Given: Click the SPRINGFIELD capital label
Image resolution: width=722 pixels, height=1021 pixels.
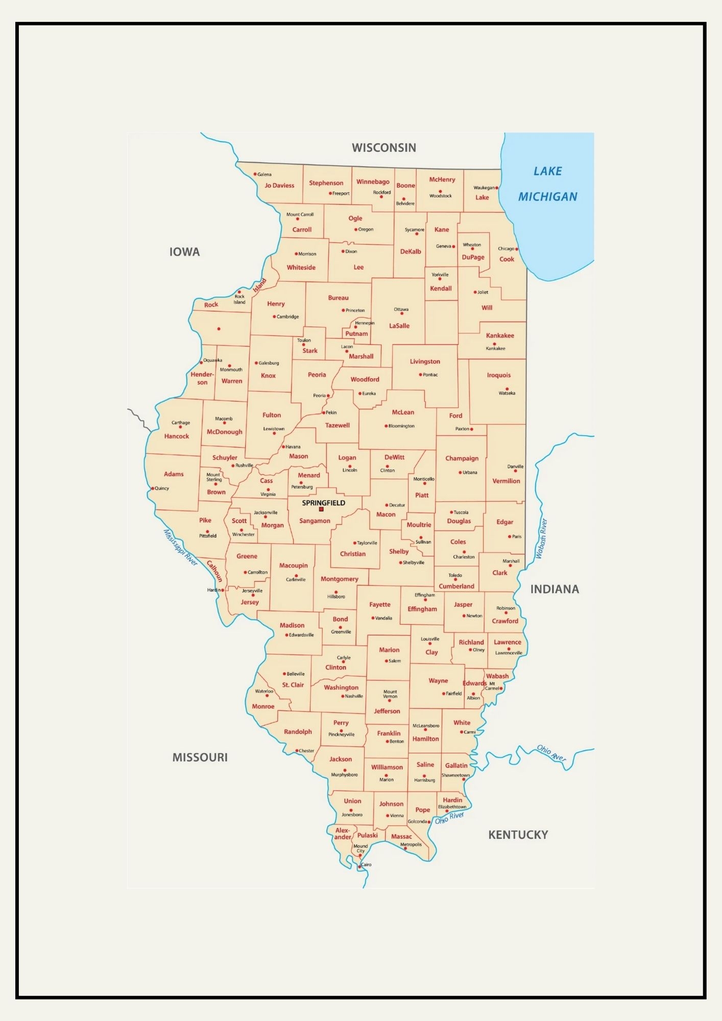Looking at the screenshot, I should click(323, 503).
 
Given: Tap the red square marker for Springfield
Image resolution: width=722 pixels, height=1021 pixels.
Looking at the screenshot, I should click(321, 509).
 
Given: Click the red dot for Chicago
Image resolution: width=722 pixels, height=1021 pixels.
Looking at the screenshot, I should click(516, 249).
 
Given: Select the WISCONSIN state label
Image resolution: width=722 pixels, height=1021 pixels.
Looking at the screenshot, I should click(384, 148).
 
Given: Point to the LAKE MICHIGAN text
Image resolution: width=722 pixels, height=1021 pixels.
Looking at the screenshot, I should click(547, 184).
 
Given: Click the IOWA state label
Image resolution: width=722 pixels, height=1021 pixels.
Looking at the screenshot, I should click(184, 252).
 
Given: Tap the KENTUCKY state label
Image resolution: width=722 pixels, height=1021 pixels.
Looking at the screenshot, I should click(518, 835).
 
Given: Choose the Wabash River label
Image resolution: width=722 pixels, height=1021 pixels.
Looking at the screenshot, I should click(541, 539).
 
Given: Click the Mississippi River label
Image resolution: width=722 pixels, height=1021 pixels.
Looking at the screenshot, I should click(180, 547).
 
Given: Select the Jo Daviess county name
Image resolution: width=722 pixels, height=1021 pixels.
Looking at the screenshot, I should click(279, 185).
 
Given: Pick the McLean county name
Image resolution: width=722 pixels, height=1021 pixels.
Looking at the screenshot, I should click(403, 412).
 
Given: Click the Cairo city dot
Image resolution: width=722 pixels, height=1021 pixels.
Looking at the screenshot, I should click(359, 867).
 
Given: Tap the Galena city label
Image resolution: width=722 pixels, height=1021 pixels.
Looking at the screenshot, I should click(264, 174).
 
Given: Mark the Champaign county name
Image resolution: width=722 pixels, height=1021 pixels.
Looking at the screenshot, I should click(462, 458).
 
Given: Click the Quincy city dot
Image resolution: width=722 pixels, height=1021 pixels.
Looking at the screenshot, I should click(152, 489).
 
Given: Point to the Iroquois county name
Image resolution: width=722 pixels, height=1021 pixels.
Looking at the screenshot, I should click(498, 375).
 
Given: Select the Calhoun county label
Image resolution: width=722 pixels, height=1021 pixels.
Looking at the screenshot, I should click(214, 571).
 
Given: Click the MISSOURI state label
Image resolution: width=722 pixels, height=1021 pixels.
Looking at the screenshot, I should click(200, 757).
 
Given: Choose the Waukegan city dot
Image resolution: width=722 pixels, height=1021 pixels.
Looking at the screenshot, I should click(497, 188).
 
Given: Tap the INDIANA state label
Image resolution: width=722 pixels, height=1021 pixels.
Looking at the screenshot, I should click(555, 589).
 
